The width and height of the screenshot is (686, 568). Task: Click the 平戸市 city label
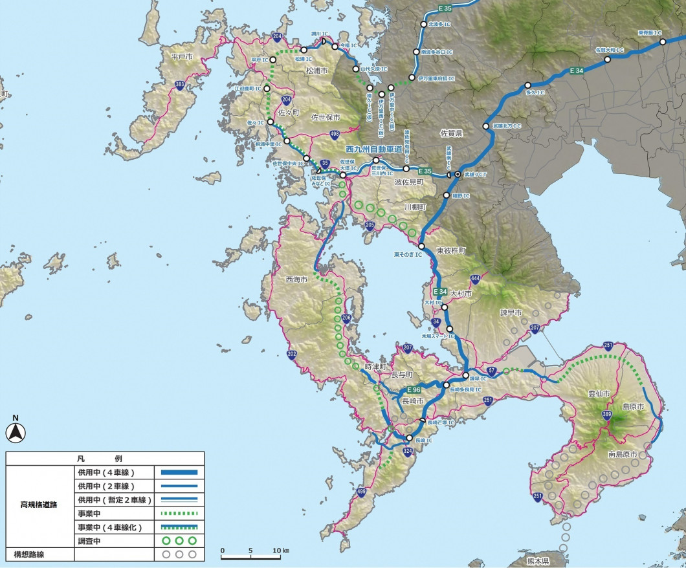tap(183, 57)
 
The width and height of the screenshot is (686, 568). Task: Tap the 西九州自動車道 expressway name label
tap(375, 149)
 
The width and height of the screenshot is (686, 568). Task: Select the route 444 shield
tap(475, 279)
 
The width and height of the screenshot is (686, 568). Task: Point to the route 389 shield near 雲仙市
tap(606, 415)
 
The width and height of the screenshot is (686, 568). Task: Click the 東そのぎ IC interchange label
tap(406, 254)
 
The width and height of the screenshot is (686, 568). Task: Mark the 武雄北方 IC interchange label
tap(506, 126)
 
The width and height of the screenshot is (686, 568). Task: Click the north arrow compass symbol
tap(14, 430)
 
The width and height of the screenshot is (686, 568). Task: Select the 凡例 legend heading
tap(105, 457)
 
